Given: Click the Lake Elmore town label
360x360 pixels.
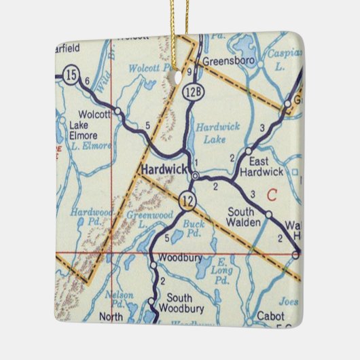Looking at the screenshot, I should coord(84,130).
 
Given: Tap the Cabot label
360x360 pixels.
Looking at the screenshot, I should coord(261,316).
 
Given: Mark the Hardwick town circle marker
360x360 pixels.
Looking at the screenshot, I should coord(196,176).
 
